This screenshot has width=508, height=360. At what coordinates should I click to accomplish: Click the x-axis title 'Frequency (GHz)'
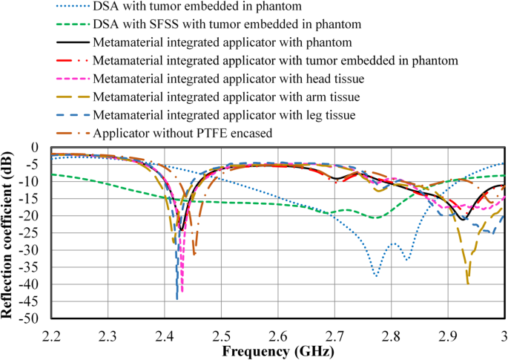point(276,350)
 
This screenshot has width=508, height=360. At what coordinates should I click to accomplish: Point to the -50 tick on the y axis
point(34,319)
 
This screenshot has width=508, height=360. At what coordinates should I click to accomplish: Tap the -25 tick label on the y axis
point(34,233)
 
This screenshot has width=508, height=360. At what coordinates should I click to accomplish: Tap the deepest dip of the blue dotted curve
point(376,276)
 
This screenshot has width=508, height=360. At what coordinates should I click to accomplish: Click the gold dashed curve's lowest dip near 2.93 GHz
point(468,283)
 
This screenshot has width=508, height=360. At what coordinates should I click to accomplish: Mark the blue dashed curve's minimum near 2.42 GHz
point(177,298)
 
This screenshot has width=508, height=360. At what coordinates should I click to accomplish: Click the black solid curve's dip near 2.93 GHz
point(464,220)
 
